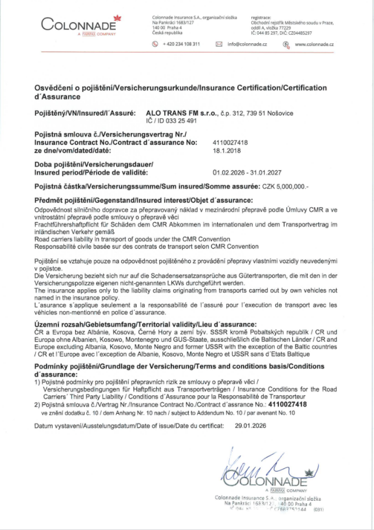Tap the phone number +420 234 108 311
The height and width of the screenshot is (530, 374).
click(181, 44)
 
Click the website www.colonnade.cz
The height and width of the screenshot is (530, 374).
click(314, 44)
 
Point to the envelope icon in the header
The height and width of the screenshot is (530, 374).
click(219, 44)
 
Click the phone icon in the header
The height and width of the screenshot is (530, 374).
click(155, 44)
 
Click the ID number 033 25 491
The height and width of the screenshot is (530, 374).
click(178, 121)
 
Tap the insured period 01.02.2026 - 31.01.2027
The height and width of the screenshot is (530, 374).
click(247, 173)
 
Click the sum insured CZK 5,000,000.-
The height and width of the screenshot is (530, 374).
click(285, 187)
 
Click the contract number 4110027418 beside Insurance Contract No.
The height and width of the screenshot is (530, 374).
click(230, 143)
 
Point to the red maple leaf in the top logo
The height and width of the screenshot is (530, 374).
click(117, 18)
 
